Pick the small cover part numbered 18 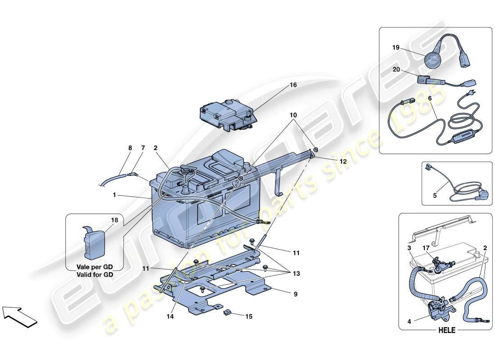[95, 243]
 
